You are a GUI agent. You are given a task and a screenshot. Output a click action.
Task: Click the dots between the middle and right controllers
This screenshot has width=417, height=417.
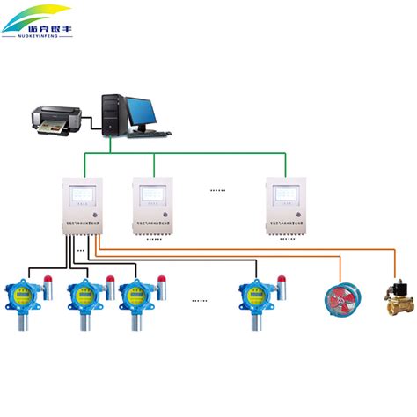pyautogui.click(x=216, y=188)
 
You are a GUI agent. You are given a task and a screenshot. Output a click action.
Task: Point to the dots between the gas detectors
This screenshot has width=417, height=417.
pyautogui.click(x=199, y=300)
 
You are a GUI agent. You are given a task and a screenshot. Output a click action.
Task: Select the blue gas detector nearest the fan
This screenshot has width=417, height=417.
pyautogui.click(x=255, y=298)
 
